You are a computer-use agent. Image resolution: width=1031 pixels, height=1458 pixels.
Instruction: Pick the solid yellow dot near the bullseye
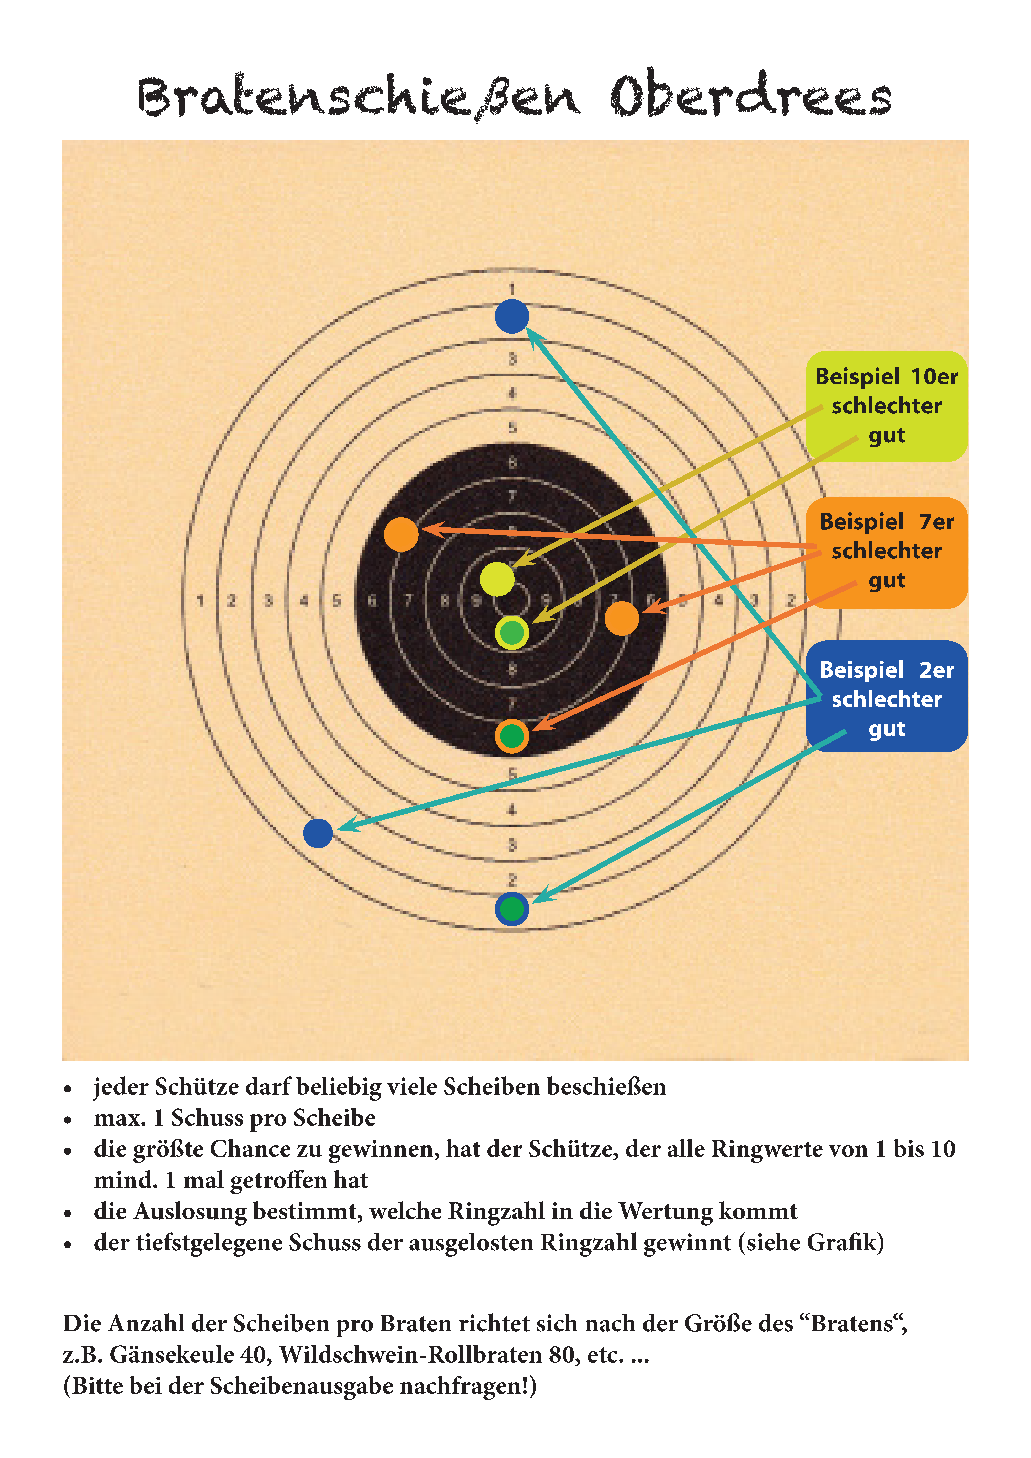point(497,579)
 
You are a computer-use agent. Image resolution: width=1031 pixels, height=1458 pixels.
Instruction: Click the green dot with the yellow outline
point(512,633)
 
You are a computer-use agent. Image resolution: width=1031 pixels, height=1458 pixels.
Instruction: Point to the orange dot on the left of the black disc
point(401,534)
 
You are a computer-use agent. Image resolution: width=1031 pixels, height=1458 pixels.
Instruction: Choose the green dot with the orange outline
point(512,736)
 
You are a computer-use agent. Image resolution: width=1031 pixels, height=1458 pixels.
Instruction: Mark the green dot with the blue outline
point(512,909)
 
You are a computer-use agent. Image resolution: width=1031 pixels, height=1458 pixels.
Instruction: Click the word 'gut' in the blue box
point(887,729)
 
